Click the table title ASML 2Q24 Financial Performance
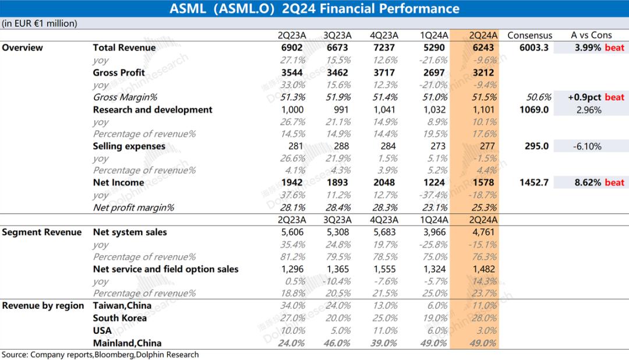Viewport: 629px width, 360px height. point(314,9)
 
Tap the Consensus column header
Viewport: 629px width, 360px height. point(529,35)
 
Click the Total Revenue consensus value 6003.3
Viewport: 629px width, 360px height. point(533,48)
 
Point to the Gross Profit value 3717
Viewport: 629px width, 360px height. point(382,73)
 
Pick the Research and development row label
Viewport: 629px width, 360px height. point(153,110)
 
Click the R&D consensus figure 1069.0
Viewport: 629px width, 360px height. point(534,110)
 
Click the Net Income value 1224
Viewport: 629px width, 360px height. point(433,182)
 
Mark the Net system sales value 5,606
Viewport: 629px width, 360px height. point(292,232)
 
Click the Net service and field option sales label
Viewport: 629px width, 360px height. point(165,269)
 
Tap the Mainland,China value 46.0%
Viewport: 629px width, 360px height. point(337,343)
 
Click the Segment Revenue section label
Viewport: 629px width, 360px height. point(42,232)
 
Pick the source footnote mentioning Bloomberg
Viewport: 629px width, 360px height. point(100,354)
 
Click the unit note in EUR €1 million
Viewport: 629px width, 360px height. point(39,23)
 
